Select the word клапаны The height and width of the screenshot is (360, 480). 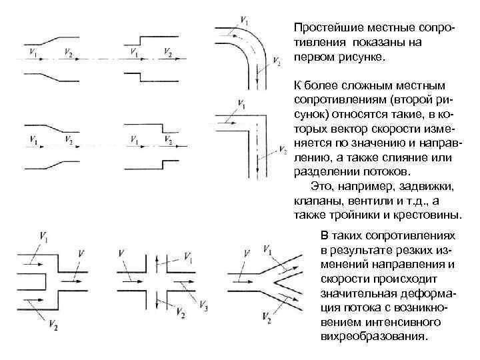[x=315, y=200]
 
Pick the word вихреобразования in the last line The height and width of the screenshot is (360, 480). [x=371, y=336]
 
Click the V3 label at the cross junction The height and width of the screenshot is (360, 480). [x=203, y=305]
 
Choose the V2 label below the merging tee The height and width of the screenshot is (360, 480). [x=52, y=325]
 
